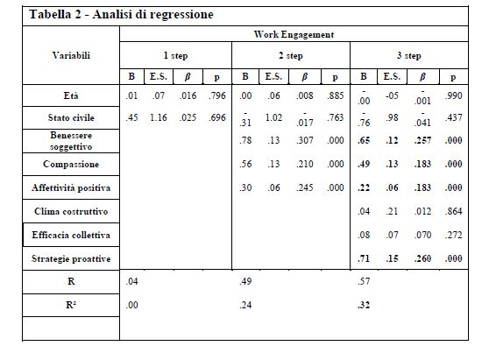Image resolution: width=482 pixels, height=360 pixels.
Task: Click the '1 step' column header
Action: click(175, 54)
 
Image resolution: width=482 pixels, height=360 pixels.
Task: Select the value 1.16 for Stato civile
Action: click(159, 117)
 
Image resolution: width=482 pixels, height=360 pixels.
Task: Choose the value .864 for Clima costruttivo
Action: click(451, 211)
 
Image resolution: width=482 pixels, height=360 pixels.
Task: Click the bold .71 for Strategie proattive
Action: click(364, 259)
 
